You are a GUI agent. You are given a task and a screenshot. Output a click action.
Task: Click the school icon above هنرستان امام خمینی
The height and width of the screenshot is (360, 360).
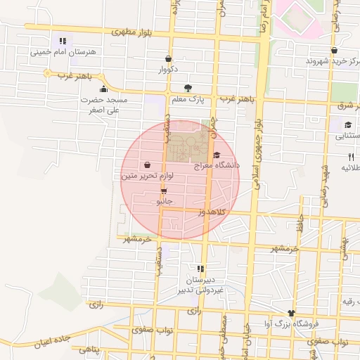(63, 41)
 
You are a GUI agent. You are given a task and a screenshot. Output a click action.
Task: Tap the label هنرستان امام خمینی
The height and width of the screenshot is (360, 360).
(63, 52)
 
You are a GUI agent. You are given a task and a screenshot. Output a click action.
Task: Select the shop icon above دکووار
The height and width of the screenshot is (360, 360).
(167, 59)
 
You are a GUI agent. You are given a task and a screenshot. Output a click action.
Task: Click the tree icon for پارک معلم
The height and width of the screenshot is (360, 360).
(187, 88)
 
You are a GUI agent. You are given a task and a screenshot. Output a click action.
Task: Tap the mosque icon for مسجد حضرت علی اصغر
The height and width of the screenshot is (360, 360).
(104, 89)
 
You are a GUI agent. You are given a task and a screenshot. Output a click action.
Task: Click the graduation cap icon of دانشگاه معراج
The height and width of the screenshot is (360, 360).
(217, 155)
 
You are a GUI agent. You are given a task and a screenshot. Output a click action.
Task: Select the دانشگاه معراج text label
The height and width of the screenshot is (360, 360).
(218, 165)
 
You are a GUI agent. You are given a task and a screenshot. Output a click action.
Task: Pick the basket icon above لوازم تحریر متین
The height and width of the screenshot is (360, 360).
(146, 165)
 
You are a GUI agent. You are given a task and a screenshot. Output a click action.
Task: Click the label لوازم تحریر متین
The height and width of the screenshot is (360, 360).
(148, 176)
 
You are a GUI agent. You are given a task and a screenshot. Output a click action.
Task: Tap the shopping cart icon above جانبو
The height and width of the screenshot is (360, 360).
(164, 191)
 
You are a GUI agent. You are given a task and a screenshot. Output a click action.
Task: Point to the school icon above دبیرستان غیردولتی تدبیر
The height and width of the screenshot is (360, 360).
(201, 269)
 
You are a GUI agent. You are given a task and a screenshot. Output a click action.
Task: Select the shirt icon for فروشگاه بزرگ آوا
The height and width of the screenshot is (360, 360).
(291, 313)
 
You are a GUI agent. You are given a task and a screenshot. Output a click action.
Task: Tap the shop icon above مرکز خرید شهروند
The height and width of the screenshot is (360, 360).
(333, 51)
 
